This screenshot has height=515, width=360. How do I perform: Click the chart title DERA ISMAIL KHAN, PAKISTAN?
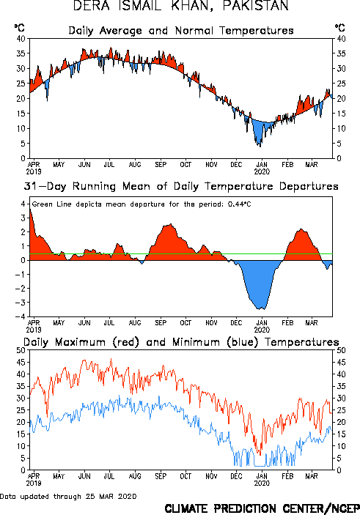(x=180, y=6)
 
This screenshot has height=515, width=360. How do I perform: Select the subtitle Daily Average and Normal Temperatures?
(x=181, y=31)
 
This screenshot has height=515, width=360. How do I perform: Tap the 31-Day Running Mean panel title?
(x=181, y=186)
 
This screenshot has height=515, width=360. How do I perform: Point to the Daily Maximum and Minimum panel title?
(x=181, y=342)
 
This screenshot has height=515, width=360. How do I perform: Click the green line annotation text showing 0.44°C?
(x=142, y=204)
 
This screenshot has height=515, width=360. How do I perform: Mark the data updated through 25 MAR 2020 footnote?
(x=68, y=496)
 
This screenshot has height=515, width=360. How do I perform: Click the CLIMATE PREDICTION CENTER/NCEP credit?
(x=262, y=508)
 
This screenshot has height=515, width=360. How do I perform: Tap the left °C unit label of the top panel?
(x=19, y=28)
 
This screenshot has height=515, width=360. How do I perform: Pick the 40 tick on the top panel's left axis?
(x=21, y=39)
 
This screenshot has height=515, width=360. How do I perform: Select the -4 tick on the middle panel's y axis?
(x=20, y=316)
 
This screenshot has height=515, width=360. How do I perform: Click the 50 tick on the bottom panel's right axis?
(x=341, y=350)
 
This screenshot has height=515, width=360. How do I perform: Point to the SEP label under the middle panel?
(x=161, y=323)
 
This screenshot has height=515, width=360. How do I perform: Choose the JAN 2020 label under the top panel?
(x=262, y=168)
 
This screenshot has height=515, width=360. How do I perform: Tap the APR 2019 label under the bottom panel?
(x=34, y=480)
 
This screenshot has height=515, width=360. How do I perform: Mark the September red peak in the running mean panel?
(x=170, y=224)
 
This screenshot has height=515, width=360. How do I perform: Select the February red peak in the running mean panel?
(x=301, y=229)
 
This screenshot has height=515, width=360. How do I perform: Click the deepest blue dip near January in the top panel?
(x=260, y=147)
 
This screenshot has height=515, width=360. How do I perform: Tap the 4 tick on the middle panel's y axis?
(x=23, y=204)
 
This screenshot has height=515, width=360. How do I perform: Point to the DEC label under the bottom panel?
(x=236, y=476)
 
